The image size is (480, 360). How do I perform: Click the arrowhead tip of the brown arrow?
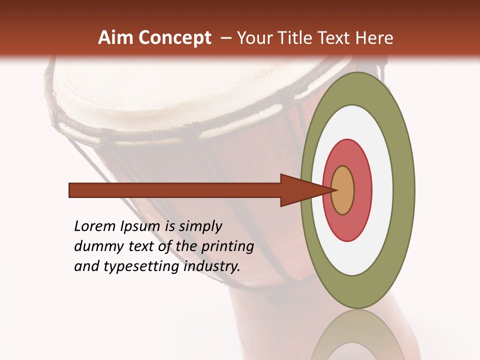click(334, 190)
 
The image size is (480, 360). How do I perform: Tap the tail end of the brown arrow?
click(71, 190)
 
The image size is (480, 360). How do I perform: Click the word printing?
click(227, 246)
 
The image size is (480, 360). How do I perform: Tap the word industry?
click(212, 266)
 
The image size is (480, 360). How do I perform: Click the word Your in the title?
click(253, 38)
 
